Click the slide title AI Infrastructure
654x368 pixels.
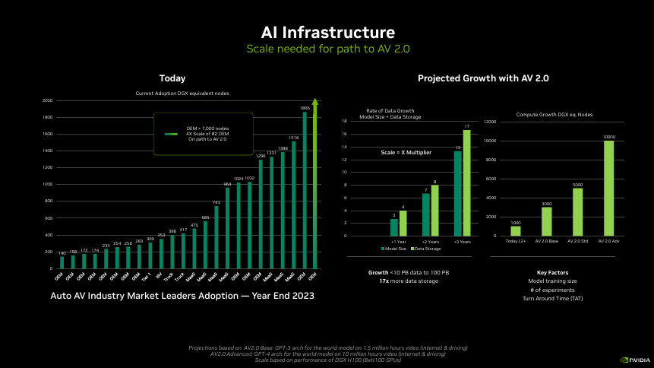pos(327,33)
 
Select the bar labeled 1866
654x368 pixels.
pos(305,190)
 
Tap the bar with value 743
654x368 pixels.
pos(216,236)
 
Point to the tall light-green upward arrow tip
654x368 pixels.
pos(315,101)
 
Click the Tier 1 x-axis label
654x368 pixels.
pos(150,278)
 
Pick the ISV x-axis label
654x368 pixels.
pos(160,277)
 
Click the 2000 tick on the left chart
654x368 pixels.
pos(48,100)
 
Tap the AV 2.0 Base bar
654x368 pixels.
pos(547,221)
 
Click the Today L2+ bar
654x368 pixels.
pos(516,230)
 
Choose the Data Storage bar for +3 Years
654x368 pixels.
pos(466,182)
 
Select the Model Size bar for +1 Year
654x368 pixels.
pos(393,227)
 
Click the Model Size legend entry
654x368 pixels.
pos(393,249)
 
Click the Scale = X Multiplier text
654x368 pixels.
pos(406,153)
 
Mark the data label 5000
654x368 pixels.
pos(577,185)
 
